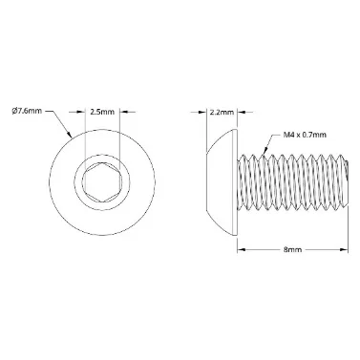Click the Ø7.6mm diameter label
click(x=27, y=111)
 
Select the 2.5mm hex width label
click(x=102, y=112)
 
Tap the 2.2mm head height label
click(x=222, y=112)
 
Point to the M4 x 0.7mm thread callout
click(x=305, y=135)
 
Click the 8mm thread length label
click(x=292, y=250)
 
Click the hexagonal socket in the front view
click(x=102, y=182)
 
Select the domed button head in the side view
click(x=222, y=182)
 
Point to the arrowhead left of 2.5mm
click(x=81, y=112)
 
